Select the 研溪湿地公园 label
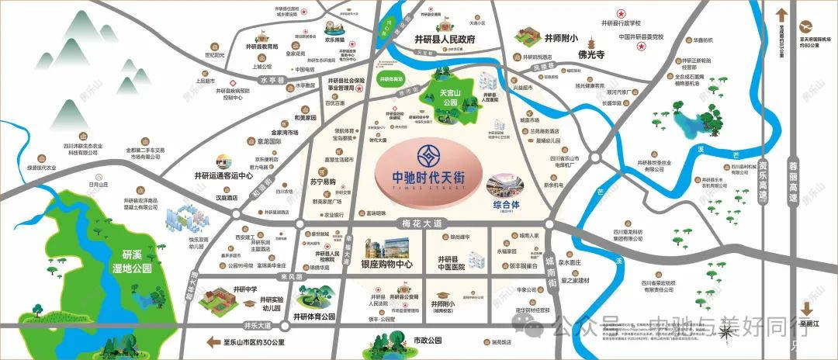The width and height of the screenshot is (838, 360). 130,263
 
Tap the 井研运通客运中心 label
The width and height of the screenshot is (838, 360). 220,176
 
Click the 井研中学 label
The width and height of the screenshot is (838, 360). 223,289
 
